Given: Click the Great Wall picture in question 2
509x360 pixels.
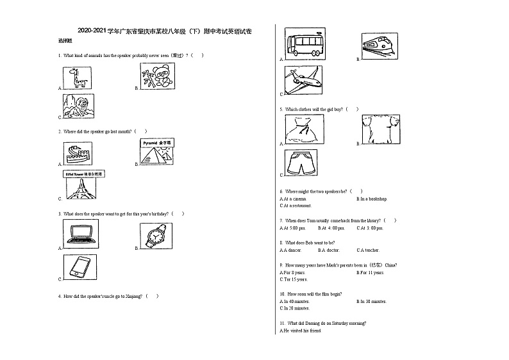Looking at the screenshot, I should click(x=79, y=154).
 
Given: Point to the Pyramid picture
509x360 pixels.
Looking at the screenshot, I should click(x=158, y=152).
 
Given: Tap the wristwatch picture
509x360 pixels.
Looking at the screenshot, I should click(x=156, y=236).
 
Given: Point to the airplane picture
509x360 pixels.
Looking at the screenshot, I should click(x=303, y=79).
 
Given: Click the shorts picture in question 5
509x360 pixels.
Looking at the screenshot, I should click(x=301, y=163).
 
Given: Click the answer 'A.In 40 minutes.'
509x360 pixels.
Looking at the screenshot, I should click(x=295, y=301).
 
